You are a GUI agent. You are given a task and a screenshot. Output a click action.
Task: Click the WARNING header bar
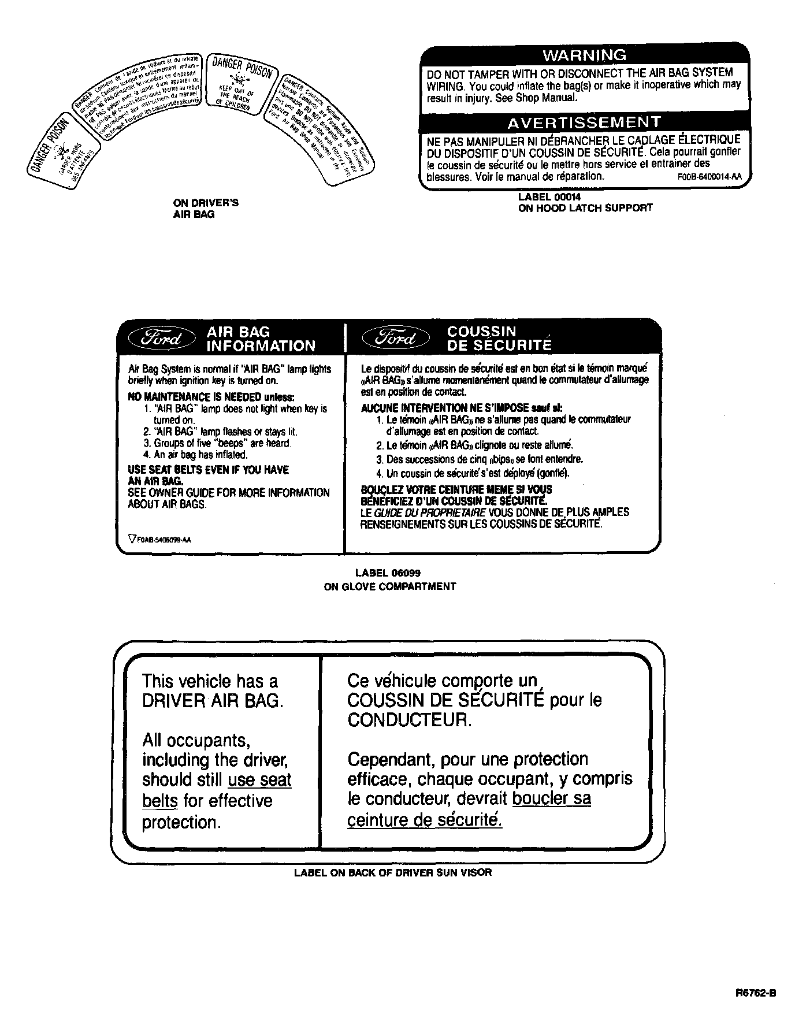[x=585, y=55]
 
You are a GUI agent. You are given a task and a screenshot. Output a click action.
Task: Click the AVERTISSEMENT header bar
[x=584, y=122]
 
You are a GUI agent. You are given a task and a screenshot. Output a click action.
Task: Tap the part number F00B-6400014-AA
[x=709, y=178]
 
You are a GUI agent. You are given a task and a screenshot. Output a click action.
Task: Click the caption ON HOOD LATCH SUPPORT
[x=585, y=208]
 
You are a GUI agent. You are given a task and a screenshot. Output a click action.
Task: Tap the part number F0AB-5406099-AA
[x=161, y=540]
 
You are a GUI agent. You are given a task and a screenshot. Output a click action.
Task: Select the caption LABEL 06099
[x=388, y=573]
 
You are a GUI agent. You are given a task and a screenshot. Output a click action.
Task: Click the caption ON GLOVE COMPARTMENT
[x=389, y=586]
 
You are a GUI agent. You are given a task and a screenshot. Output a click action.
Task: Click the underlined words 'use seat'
[x=259, y=780]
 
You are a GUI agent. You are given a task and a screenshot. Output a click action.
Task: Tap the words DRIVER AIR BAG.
[x=213, y=701]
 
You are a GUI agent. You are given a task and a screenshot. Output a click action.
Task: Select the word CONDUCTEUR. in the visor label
[x=409, y=720]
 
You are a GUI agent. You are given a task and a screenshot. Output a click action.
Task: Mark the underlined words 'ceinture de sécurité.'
[x=425, y=820]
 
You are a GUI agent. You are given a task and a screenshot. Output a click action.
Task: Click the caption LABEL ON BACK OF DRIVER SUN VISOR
[x=393, y=872]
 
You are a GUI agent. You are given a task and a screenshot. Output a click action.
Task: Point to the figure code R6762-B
[x=756, y=993]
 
